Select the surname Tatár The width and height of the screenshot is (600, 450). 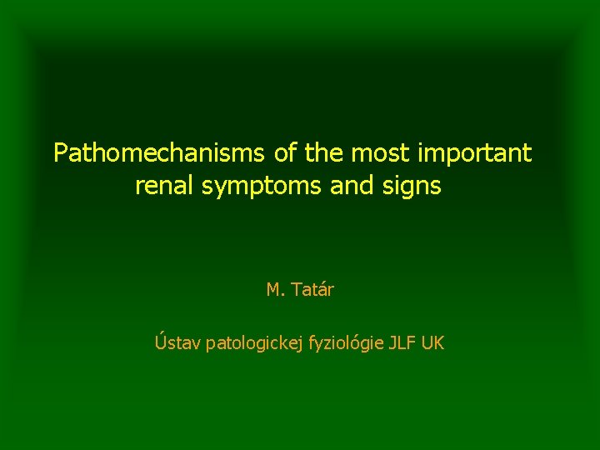pos(312,290)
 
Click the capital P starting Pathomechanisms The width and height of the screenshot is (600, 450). pos(60,153)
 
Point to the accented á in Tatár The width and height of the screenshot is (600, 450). pos(323,290)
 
